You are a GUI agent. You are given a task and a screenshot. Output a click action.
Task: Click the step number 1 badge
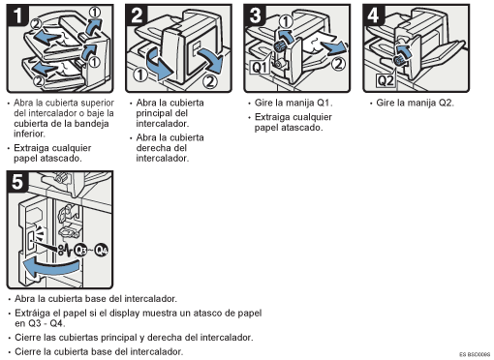[17, 15]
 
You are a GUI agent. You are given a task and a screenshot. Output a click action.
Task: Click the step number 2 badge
[137, 15]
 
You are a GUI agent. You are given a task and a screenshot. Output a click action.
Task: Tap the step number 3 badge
[255, 15]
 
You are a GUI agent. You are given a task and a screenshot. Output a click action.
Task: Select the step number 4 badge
[374, 15]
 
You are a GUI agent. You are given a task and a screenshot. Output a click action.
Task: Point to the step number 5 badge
[17, 182]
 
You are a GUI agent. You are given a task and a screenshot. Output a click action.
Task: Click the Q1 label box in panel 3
[261, 68]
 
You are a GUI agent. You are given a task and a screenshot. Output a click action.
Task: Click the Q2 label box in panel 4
[386, 80]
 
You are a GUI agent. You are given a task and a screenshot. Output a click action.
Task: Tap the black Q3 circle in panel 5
[80, 250]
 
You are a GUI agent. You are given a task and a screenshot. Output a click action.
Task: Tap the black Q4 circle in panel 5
[102, 250]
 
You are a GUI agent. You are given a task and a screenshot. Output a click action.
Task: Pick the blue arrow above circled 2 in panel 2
[211, 61]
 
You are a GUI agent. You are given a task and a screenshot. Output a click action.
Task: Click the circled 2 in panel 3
[338, 64]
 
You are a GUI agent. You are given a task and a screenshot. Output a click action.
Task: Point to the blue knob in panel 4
[399, 60]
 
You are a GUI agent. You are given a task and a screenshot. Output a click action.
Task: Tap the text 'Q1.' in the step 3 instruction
[324, 103]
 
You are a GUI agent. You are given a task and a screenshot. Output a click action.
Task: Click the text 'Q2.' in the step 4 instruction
[447, 103]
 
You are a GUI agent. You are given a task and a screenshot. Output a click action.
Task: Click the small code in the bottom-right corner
[475, 354]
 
